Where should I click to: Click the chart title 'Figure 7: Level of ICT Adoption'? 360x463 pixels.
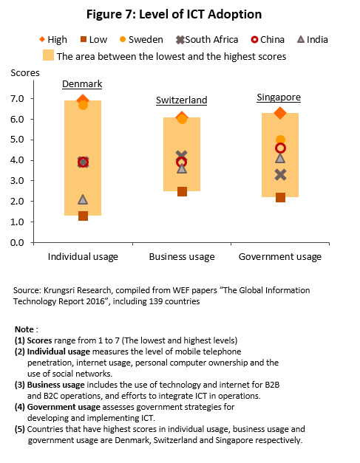click(174, 14)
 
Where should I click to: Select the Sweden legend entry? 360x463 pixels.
click(141, 40)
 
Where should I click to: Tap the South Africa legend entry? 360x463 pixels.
click(207, 40)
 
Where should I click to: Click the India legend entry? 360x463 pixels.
click(313, 40)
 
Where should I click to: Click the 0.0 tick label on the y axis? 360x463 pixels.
click(17, 242)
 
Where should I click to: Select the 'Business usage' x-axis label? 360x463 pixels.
click(182, 257)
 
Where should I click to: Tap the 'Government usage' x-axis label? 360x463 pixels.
click(280, 257)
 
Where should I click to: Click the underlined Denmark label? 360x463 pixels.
click(82, 84)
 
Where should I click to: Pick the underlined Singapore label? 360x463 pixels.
click(279, 97)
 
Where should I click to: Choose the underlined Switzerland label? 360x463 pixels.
click(181, 100)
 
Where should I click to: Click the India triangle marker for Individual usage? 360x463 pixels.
click(83, 200)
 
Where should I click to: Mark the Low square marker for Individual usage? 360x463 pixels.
click(83, 216)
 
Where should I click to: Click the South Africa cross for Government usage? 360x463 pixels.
click(280, 175)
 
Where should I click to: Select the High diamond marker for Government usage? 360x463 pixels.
click(280, 113)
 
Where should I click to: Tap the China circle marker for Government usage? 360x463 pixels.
click(280, 148)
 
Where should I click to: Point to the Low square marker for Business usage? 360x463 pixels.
click(182, 192)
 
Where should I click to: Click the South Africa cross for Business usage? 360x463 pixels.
click(181, 156)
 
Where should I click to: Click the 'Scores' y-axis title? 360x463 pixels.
click(25, 73)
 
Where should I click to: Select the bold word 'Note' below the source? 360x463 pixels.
click(24, 329)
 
